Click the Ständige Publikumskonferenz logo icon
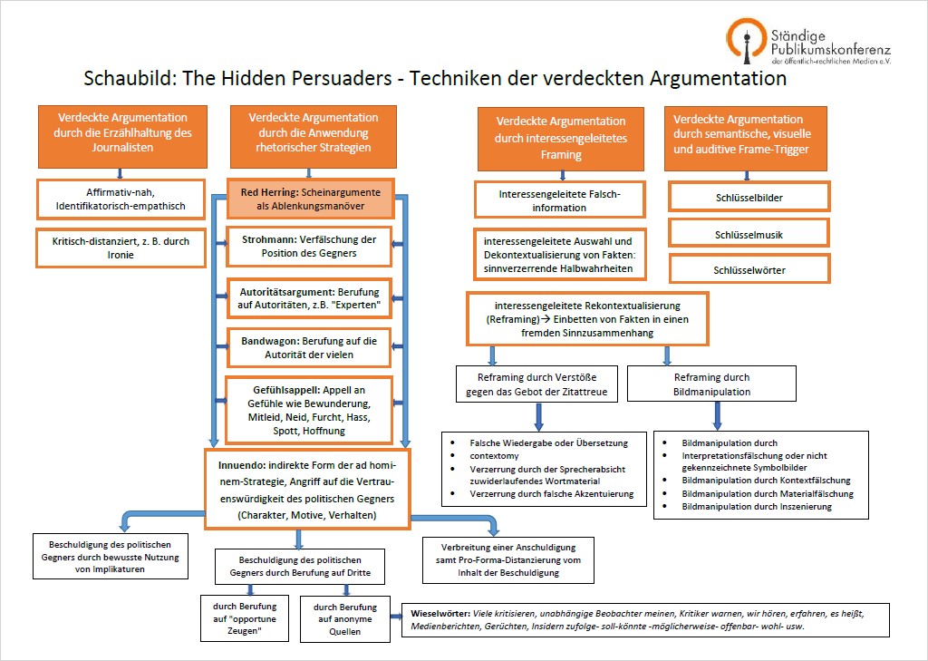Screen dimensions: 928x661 point(747,40)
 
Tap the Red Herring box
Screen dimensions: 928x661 point(311,199)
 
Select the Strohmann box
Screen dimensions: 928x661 point(309,247)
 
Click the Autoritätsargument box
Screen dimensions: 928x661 point(309,298)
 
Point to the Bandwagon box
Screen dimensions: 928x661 point(309,347)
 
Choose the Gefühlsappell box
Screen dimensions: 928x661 point(309,410)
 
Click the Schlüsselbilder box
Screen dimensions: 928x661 point(749,198)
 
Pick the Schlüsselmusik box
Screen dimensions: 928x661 point(749,233)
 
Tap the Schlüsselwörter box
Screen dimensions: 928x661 point(749,269)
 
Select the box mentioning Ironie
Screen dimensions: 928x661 point(121,248)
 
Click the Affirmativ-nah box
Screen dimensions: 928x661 point(121,199)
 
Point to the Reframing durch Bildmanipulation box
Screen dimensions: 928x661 point(711,384)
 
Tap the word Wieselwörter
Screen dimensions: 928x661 point(440,614)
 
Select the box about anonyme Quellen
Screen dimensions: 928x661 point(345,619)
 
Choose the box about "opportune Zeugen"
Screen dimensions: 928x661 point(245,618)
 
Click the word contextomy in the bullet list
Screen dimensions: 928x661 point(494,456)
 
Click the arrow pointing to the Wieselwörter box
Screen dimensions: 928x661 point(396,617)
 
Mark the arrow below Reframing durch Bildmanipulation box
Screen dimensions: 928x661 point(718,416)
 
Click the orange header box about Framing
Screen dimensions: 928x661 point(560,139)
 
